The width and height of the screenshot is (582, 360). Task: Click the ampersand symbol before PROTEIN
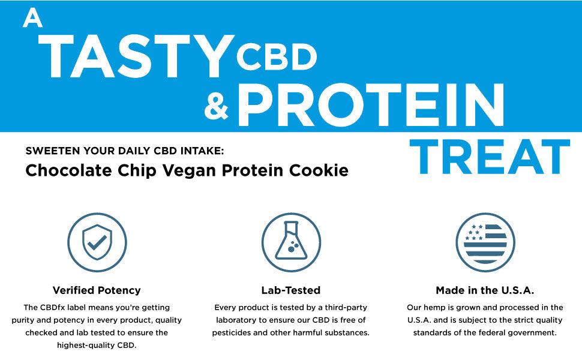217,107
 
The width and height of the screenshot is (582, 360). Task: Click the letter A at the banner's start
32,19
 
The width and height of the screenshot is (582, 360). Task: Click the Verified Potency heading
97,290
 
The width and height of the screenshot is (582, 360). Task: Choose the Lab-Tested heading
291,290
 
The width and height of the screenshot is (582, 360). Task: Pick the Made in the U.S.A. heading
485,290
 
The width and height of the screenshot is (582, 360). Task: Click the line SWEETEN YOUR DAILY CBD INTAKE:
124,151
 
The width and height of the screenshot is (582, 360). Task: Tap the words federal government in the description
523,332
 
